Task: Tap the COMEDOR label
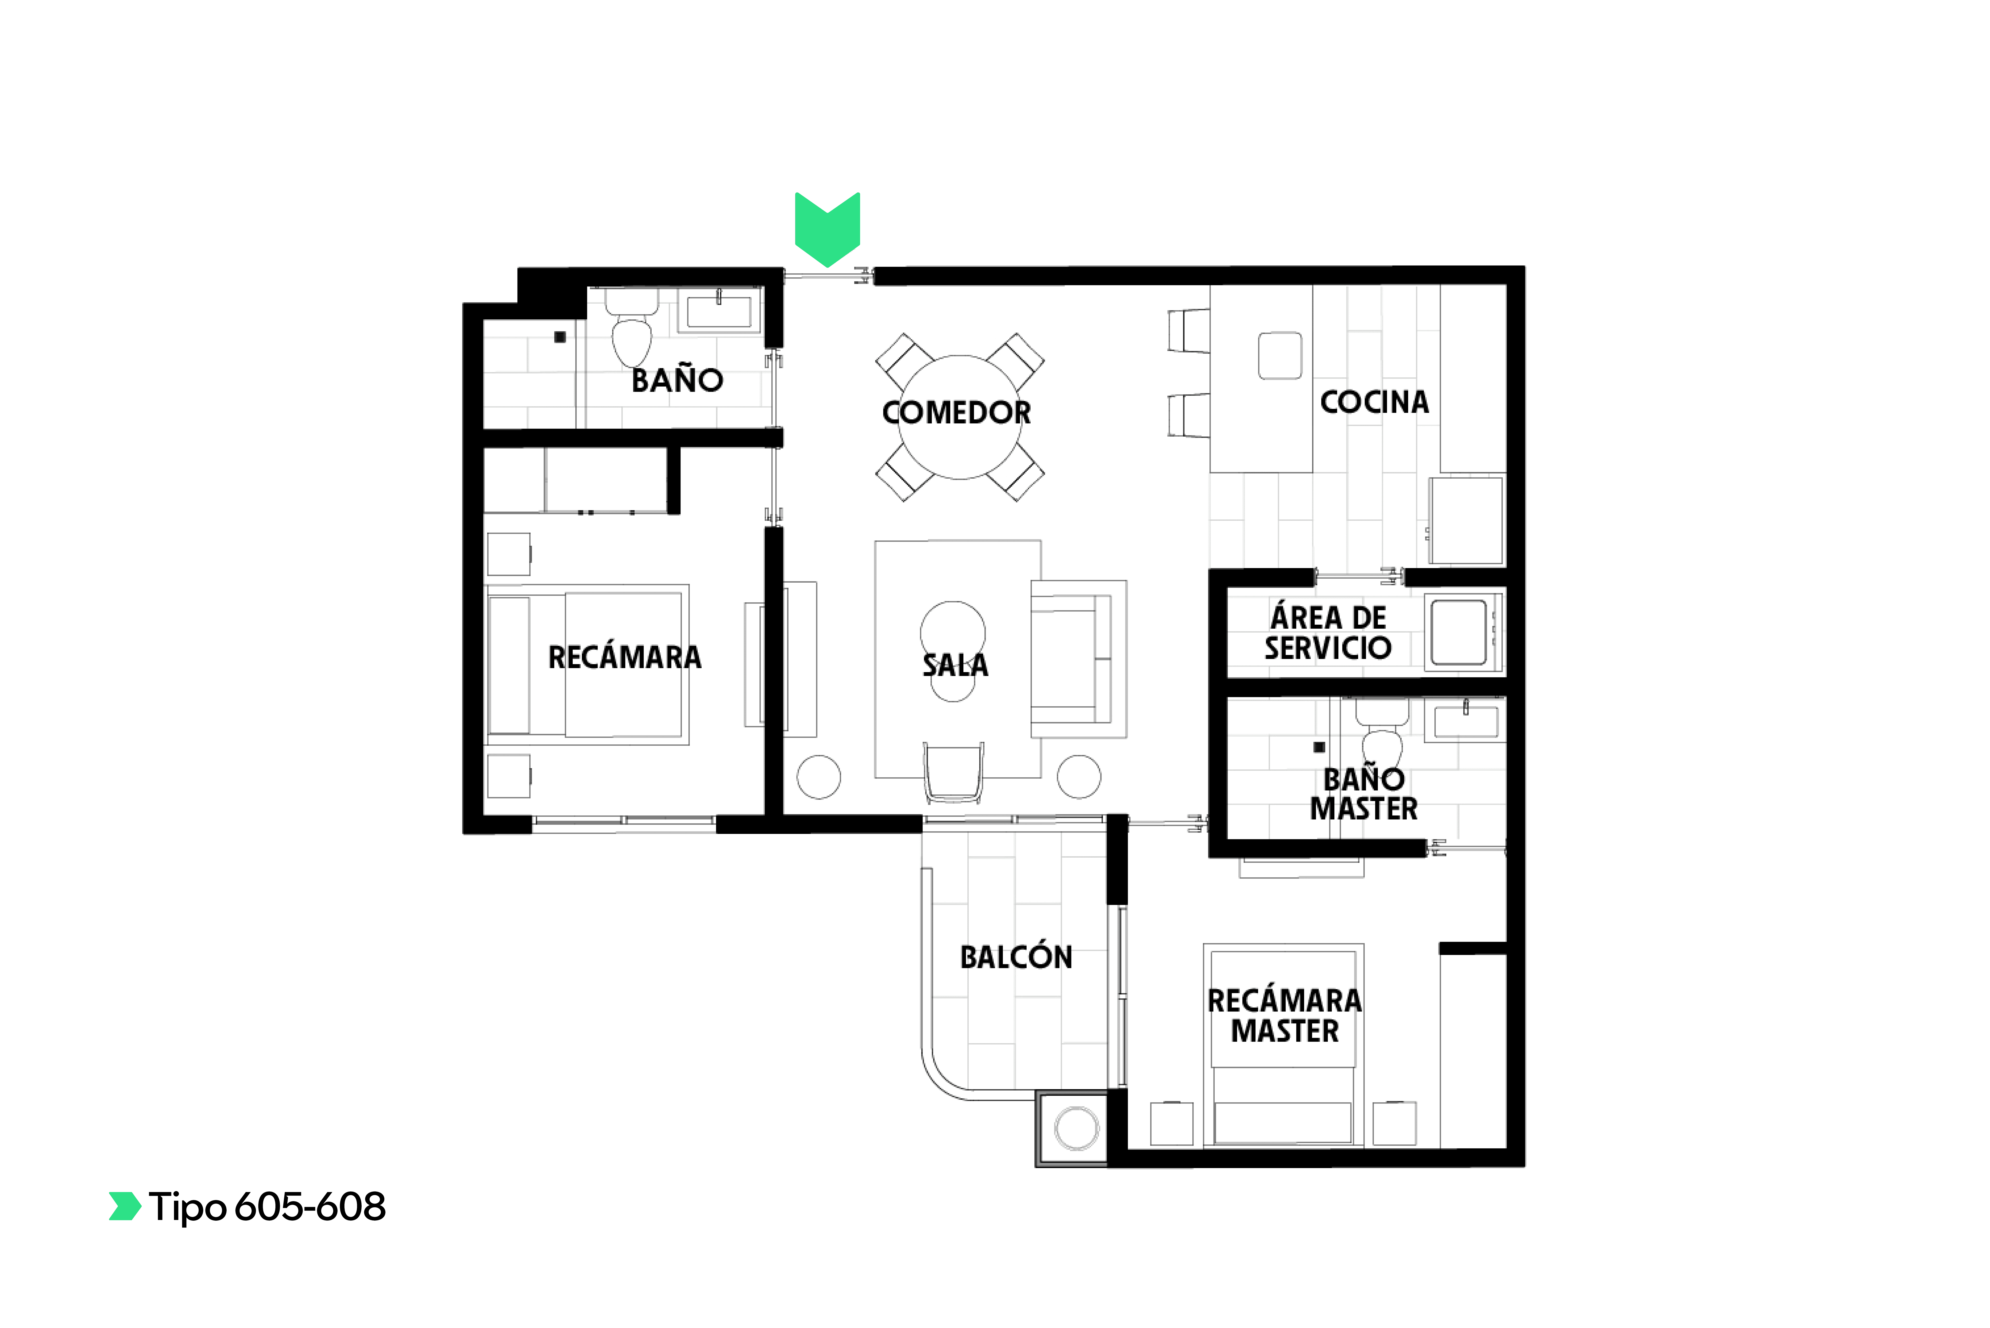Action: pos(956,412)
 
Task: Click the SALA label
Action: pos(955,665)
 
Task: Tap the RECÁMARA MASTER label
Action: pos(1285,1015)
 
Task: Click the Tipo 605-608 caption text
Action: pos(267,1207)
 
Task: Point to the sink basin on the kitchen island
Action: pos(1279,356)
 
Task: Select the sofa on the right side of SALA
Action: pos(1078,659)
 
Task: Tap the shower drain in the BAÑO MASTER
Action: pos(1318,747)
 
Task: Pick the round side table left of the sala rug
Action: pos(819,777)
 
